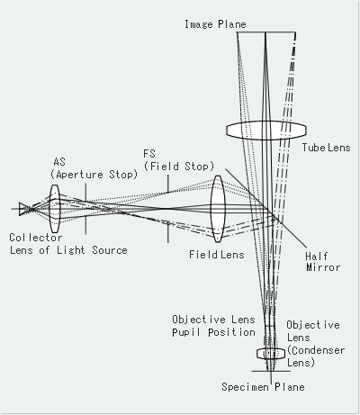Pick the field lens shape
[x=217, y=209]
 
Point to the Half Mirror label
[x=321, y=260]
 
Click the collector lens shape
[x=55, y=209]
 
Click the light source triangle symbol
[x=24, y=209]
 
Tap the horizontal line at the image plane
[x=265, y=34]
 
